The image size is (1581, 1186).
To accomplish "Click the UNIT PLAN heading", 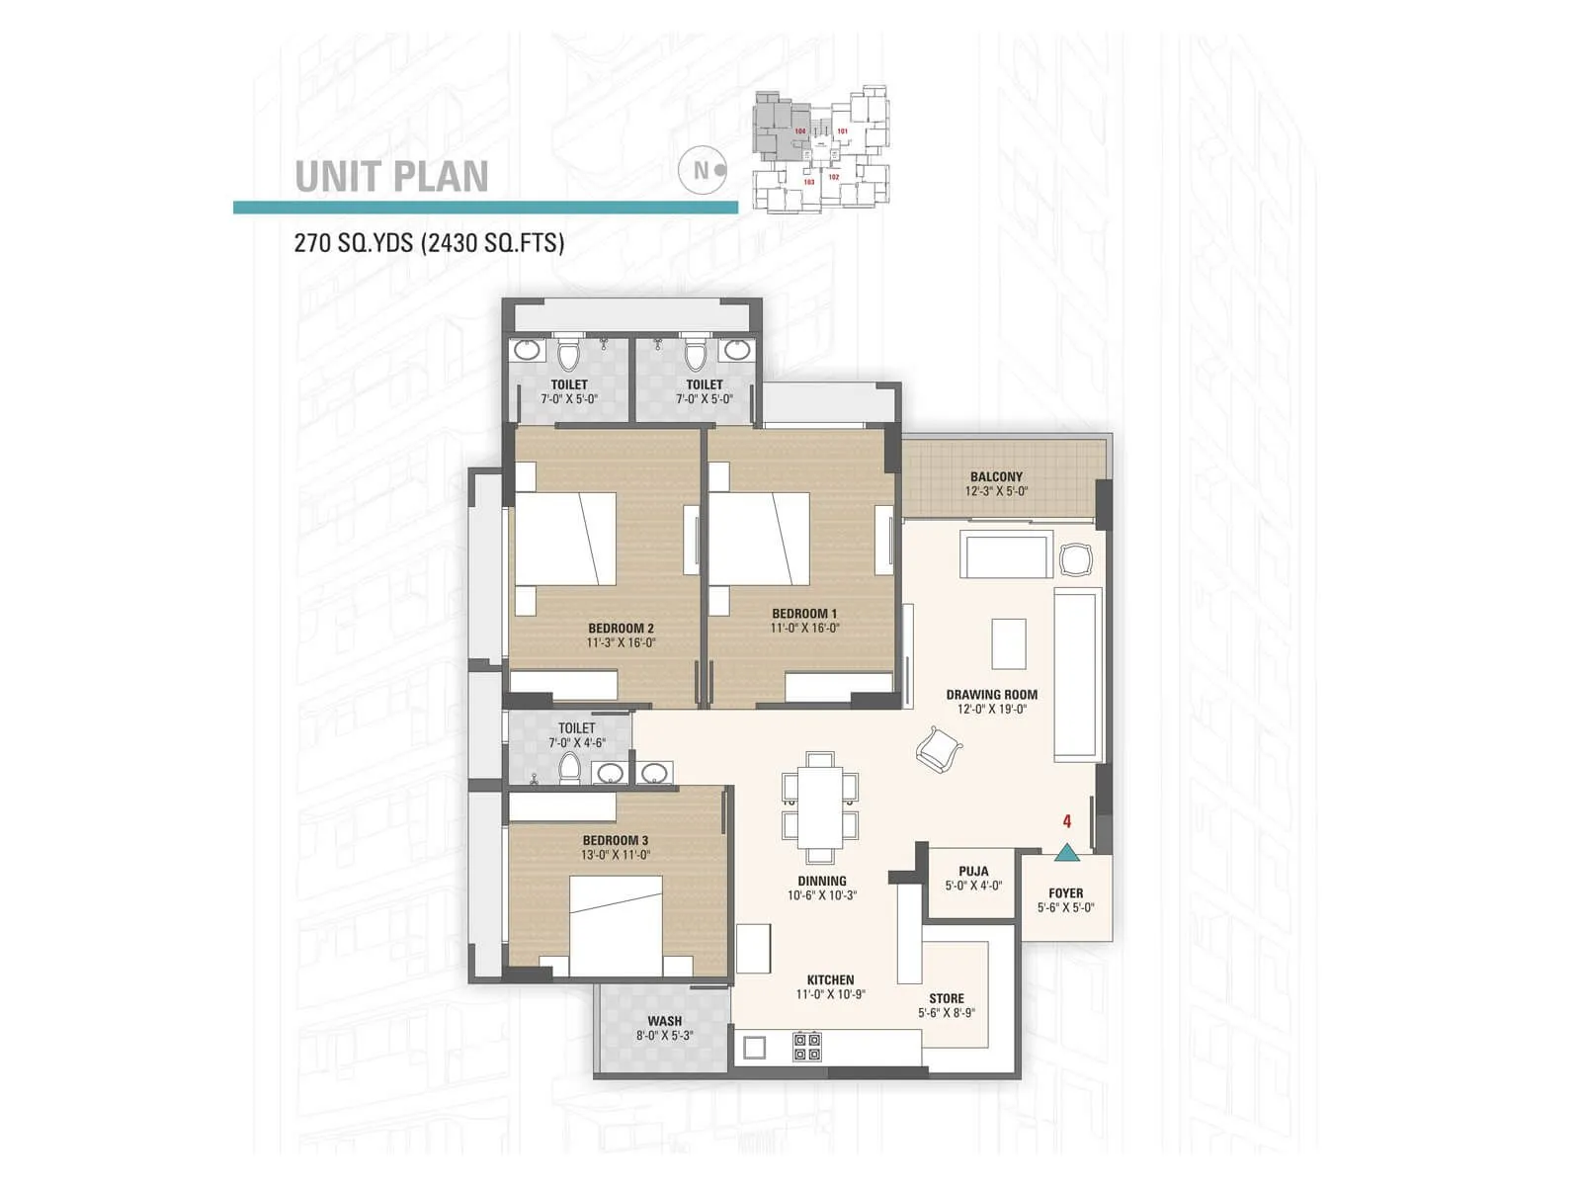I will [392, 177].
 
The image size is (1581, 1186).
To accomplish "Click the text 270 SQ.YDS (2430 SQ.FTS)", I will [429, 243].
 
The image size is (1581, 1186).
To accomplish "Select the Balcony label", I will [996, 477].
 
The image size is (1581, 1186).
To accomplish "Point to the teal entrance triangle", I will [1065, 852].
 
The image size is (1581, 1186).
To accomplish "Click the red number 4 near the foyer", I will [1067, 821].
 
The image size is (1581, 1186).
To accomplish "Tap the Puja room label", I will [973, 872].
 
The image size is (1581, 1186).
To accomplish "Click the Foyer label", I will [1065, 893].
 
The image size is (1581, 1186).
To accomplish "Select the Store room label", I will [946, 999].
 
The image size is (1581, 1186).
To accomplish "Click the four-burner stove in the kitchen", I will [807, 1047].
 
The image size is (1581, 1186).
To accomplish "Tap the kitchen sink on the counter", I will [755, 1047].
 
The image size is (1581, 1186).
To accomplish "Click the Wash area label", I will [664, 1021].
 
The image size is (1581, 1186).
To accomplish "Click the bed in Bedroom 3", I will [616, 930].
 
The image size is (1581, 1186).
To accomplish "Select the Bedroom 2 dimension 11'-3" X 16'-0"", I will [621, 642].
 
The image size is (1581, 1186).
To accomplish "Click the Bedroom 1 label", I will [804, 614].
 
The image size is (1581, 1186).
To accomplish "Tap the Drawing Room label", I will [991, 695].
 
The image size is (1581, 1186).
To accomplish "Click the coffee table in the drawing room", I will [1009, 644].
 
